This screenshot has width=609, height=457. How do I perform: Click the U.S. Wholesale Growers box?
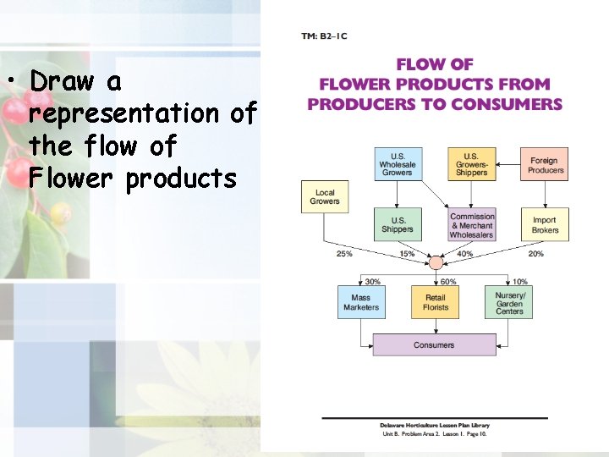pos(398,164)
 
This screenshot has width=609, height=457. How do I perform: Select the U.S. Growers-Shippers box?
pos(471,164)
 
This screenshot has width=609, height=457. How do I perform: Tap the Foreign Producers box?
pos(545,164)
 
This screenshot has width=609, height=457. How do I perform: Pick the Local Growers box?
pos(325,196)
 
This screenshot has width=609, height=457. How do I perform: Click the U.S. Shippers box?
pos(398,224)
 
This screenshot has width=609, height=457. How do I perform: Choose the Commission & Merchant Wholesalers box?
pos(471,225)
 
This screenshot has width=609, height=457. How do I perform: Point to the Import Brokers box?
pos(545,224)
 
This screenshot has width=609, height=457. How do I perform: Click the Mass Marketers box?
pos(361,302)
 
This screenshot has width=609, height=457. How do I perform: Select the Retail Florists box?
pos(436,302)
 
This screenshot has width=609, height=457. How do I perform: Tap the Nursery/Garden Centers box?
pos(509,302)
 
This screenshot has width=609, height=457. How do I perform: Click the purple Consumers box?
pos(434,345)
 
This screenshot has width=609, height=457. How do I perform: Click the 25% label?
pos(344,254)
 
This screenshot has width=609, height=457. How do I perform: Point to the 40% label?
pos(464,254)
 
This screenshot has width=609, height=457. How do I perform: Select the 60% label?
pos(448,282)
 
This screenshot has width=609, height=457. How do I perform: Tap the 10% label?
pos(520,282)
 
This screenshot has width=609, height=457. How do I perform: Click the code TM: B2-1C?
pos(324,36)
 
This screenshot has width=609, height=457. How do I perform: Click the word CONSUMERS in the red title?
pos(512,104)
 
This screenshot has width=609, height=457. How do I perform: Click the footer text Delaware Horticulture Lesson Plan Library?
pos(434,426)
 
